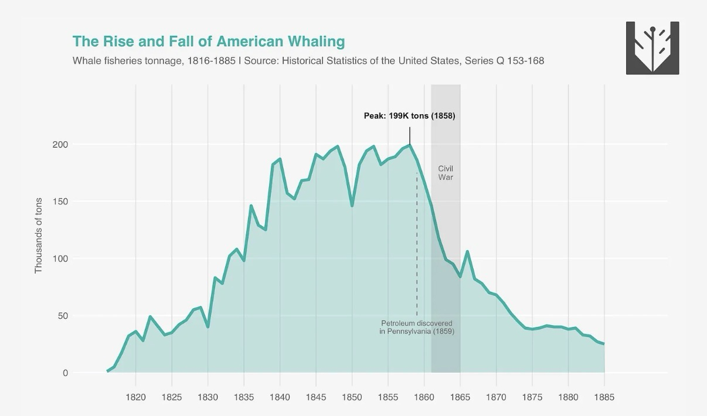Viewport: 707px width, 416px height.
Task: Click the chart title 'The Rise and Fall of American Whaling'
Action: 209,42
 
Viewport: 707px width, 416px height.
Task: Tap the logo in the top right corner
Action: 652,48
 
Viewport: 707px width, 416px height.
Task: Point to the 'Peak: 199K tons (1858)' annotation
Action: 409,116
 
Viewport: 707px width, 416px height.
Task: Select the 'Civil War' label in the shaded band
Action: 446,173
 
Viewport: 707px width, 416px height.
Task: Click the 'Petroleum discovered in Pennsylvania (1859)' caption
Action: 416,327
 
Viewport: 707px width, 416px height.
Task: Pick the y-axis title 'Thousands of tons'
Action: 39,235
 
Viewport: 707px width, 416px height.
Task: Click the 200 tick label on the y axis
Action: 60,145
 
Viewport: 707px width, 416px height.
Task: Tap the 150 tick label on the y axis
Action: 60,202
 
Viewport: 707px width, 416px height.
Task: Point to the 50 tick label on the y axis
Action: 63,316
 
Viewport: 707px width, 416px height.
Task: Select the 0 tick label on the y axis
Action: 65,373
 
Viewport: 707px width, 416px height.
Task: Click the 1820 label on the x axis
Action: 135,397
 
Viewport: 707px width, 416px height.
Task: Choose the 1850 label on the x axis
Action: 352,397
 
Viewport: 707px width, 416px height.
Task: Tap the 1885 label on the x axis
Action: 604,397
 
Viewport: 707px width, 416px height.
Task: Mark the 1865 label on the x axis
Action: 460,397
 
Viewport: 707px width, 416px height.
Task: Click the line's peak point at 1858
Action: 410,145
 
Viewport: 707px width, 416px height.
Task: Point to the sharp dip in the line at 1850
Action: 352,206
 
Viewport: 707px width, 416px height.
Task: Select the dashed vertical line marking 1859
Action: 417,246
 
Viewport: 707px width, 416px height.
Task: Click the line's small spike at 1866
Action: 467,251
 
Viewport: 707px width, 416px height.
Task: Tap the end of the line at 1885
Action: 604,344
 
